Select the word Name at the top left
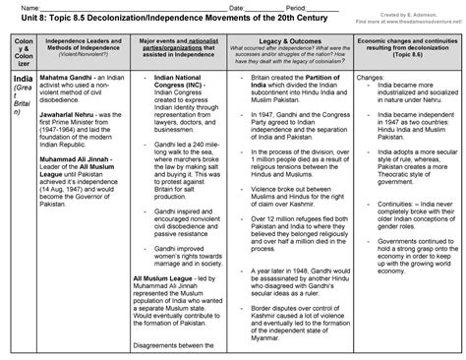tap(18, 8)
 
